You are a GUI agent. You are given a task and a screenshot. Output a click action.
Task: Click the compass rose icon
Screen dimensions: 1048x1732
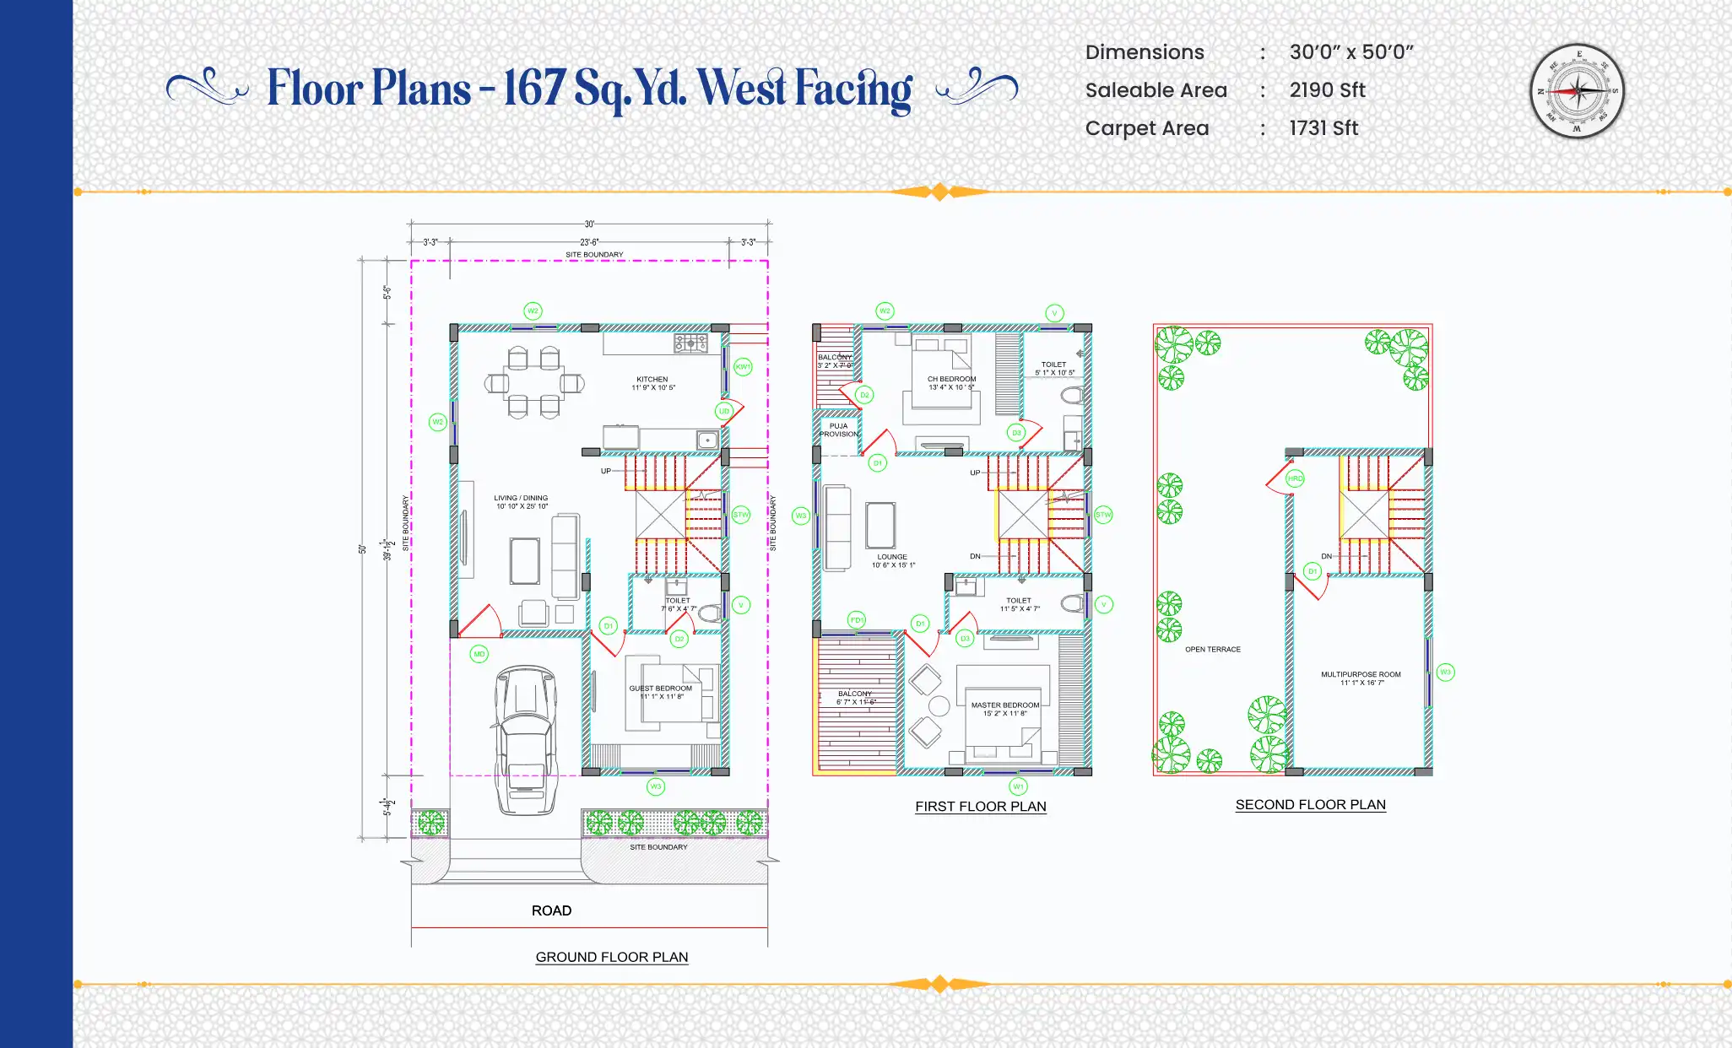pyautogui.click(x=1577, y=90)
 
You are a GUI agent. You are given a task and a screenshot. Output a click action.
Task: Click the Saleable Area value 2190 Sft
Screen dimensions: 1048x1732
pyautogui.click(x=1327, y=90)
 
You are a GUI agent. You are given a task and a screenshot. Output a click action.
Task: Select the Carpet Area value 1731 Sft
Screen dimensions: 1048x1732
pyautogui.click(x=1323, y=128)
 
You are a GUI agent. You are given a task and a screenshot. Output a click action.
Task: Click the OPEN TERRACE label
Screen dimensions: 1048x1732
pyautogui.click(x=1213, y=650)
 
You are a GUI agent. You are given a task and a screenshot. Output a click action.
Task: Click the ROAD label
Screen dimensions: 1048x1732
pyautogui.click(x=551, y=910)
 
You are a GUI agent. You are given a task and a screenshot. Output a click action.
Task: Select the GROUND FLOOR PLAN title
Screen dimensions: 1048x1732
pyautogui.click(x=612, y=957)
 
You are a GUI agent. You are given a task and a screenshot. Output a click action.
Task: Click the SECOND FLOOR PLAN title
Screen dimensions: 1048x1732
pyautogui.click(x=1310, y=805)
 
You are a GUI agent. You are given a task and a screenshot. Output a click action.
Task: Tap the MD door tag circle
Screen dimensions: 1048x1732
pyautogui.click(x=479, y=654)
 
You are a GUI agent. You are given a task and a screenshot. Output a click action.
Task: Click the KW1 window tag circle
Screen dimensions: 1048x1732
pyautogui.click(x=743, y=367)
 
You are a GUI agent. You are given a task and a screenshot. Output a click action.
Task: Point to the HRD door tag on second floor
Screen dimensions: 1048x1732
pyautogui.click(x=1295, y=478)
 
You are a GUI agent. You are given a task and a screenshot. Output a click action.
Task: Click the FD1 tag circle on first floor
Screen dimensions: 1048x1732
pyautogui.click(x=857, y=620)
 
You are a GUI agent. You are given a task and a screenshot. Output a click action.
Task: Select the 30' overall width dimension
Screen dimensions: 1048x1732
pyautogui.click(x=589, y=224)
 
